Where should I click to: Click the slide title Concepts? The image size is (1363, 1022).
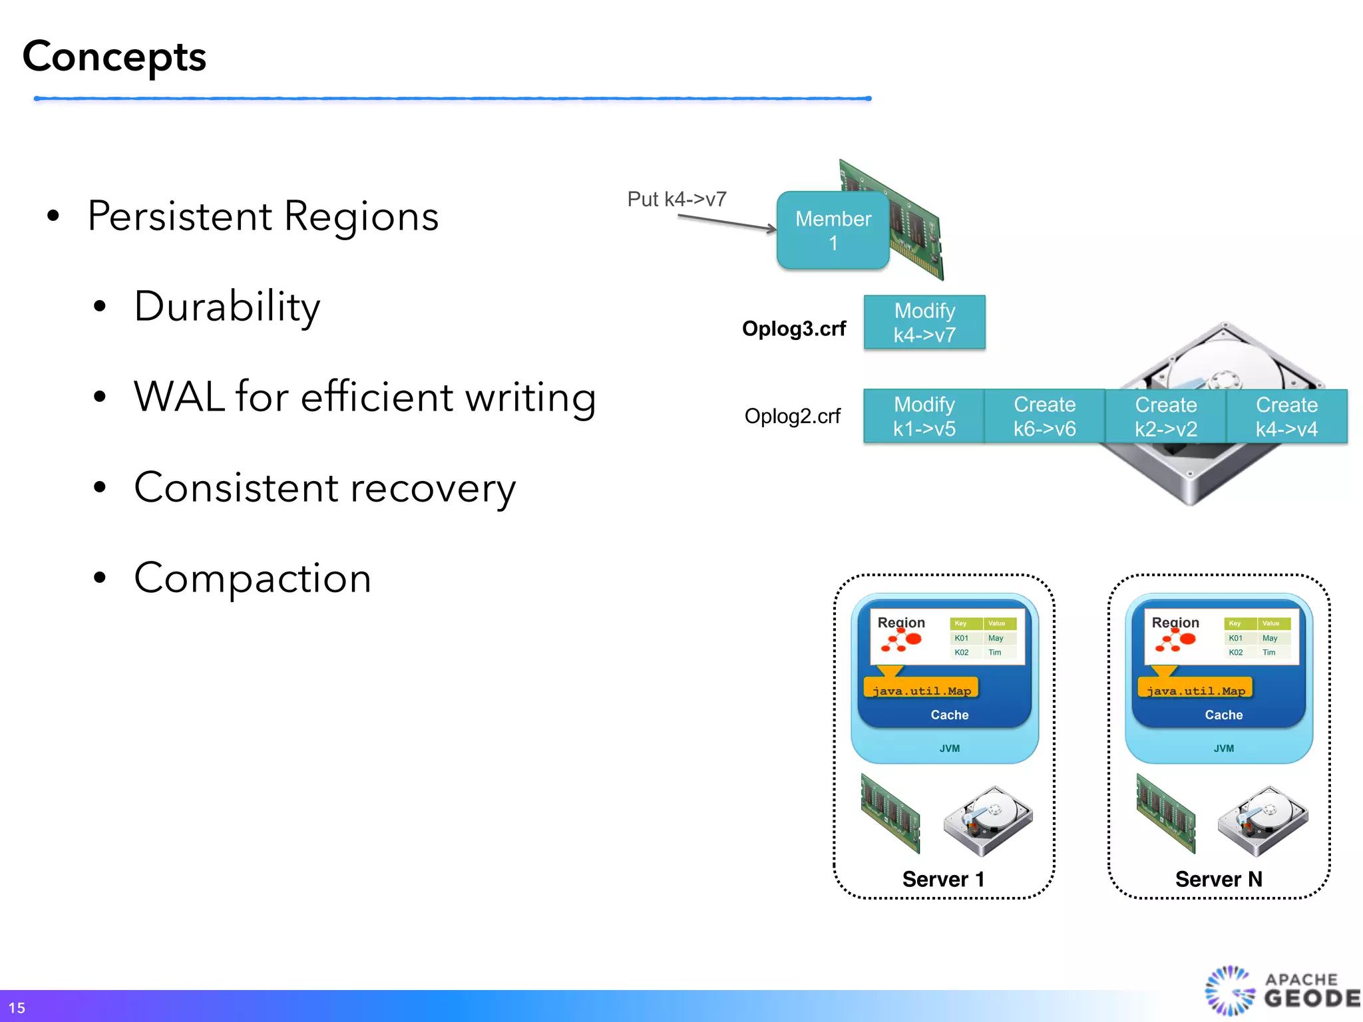click(x=114, y=57)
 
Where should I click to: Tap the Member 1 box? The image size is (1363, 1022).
click(x=833, y=230)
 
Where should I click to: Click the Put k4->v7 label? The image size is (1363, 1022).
click(x=676, y=199)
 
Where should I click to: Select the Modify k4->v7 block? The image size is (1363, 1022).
click(x=924, y=323)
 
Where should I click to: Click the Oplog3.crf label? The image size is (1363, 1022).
click(x=793, y=329)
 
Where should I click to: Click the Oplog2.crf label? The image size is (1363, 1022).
click(x=792, y=417)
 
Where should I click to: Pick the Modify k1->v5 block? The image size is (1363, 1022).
click(x=924, y=417)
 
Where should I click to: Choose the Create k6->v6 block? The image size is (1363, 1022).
click(x=1044, y=417)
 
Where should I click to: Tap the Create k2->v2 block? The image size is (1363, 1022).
click(x=1165, y=417)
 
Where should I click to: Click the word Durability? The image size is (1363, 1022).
click(x=227, y=307)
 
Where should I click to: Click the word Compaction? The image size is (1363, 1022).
click(x=252, y=578)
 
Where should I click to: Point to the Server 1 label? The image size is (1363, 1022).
click(x=942, y=879)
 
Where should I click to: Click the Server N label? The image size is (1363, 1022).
click(x=1218, y=879)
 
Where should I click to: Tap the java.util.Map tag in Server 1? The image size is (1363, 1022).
click(x=921, y=689)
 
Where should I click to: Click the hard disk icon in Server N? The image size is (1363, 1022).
click(x=1262, y=821)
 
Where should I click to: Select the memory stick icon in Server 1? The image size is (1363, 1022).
click(x=890, y=813)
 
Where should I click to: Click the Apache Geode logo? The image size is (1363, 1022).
click(x=1281, y=990)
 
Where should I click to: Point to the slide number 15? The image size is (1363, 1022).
click(x=17, y=1007)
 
